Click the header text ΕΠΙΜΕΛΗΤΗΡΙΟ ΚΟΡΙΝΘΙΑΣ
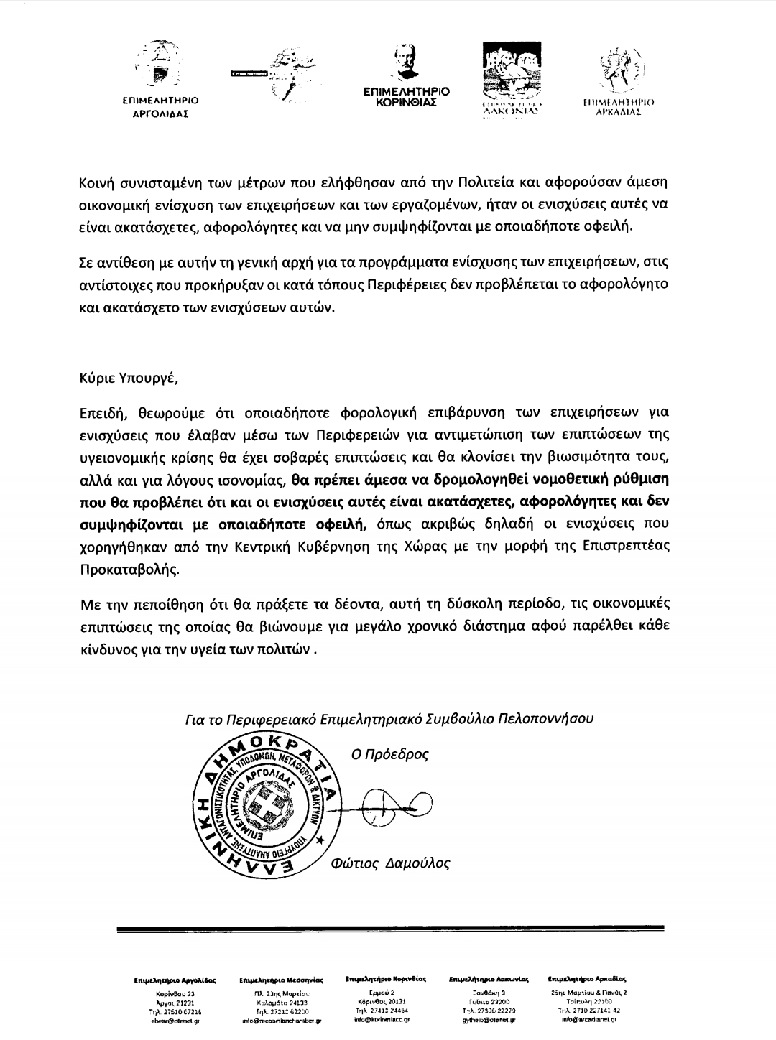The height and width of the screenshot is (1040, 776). pyautogui.click(x=406, y=97)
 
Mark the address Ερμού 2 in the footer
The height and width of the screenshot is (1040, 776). pyautogui.click(x=379, y=992)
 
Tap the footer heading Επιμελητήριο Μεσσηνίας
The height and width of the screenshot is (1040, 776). pyautogui.click(x=281, y=979)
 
